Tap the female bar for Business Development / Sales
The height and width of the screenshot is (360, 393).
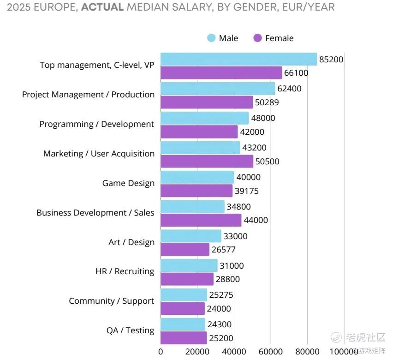point(201,220)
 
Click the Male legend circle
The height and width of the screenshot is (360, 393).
point(212,38)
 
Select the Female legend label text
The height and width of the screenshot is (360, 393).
point(279,38)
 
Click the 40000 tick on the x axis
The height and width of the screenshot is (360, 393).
point(234,352)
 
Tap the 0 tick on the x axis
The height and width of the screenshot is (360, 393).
point(161,352)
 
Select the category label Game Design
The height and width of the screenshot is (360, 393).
point(128,183)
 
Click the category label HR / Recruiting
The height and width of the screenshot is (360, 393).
point(125,271)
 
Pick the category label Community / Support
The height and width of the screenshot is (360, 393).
point(111,301)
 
